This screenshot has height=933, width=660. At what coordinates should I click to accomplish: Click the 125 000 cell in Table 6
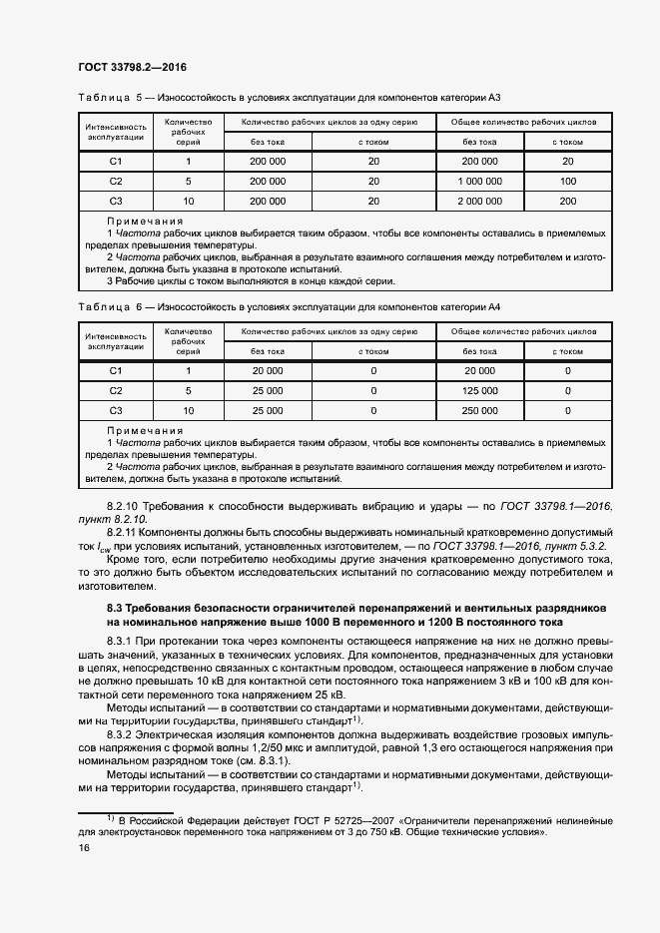click(x=480, y=390)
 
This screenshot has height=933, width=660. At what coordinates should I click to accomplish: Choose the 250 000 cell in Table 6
click(x=480, y=410)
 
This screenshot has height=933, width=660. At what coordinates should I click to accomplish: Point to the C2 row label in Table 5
click(x=115, y=181)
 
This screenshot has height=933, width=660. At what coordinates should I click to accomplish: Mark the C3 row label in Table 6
click(x=115, y=410)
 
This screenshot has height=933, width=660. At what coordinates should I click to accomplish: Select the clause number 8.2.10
click(x=126, y=507)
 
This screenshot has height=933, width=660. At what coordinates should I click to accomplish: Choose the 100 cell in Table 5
click(x=568, y=181)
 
